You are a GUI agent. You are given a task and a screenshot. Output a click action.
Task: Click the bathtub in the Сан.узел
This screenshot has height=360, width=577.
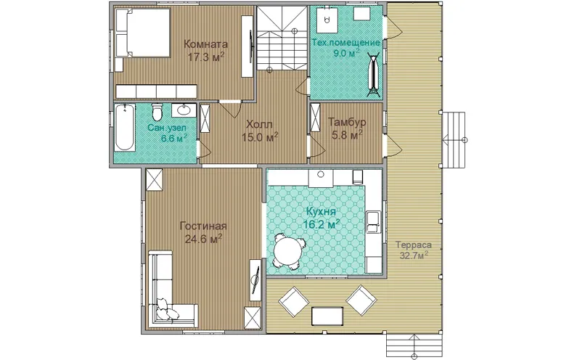coord(124,128)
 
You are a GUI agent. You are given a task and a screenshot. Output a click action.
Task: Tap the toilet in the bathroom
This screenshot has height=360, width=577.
coord(157,112)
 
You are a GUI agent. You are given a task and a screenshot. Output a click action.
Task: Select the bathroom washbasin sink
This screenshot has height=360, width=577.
coord(184,110)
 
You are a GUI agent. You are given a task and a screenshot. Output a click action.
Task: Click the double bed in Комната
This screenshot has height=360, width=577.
coord(143,33)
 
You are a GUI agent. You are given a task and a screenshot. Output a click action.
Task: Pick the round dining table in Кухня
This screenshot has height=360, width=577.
coord(288,252)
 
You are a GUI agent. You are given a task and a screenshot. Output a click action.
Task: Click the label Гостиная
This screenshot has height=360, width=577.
coord(203,226)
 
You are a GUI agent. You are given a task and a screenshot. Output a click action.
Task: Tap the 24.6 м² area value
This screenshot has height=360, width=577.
coord(203,240)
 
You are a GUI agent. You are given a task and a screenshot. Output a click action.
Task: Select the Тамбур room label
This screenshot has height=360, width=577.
coord(347,121)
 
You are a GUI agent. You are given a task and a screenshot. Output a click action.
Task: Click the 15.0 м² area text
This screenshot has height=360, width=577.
coord(260,137)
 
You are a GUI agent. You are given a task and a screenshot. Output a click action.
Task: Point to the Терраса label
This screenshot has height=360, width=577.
coord(414,245)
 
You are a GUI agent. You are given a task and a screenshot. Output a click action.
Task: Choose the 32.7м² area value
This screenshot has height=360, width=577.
coord(414,255)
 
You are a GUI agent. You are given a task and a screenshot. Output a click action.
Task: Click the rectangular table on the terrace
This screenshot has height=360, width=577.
coord(327,316)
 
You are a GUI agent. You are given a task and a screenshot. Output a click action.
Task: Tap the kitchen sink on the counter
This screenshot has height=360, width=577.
coord(373,221)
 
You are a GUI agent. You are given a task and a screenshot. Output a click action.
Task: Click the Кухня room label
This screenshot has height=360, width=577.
coord(322,212)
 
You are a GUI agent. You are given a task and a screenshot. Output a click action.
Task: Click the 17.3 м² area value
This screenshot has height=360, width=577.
coord(206,57)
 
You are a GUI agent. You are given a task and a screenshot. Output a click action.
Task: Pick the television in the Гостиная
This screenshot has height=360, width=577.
coord(255,280)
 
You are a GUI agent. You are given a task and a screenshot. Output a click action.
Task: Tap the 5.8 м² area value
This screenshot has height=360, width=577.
coord(347,135)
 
